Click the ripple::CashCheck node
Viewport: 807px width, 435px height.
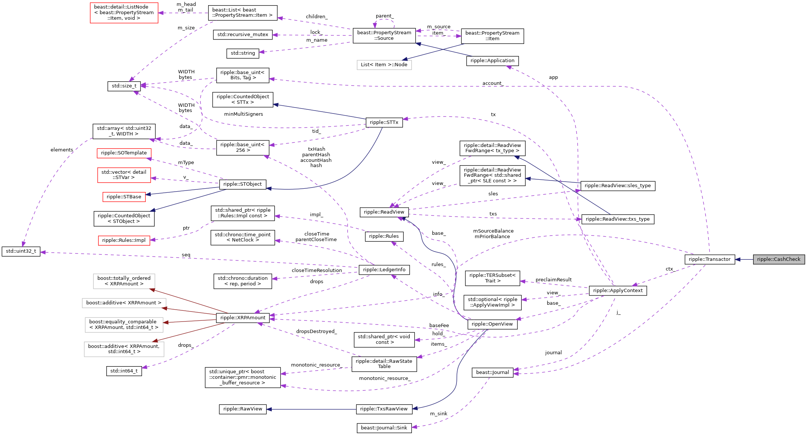778,259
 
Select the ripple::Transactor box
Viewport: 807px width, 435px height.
709,259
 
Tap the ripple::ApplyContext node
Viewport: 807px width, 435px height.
617,291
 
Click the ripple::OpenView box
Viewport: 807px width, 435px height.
492,324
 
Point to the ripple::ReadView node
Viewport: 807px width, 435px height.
384,212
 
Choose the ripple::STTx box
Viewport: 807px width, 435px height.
384,122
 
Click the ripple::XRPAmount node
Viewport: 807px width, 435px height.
243,318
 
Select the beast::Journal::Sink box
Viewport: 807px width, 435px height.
384,428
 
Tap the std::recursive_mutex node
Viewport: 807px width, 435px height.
242,35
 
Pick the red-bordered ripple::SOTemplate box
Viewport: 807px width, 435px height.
124,153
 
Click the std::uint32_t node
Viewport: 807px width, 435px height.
21,251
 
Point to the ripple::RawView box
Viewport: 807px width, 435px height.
242,409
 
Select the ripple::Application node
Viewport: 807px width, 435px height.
492,61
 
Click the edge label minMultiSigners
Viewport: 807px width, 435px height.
243,114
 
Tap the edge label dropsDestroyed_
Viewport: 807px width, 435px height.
316,332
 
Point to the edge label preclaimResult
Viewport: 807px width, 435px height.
553,280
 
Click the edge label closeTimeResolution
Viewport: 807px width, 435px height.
316,271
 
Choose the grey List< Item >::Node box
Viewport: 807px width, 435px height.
384,65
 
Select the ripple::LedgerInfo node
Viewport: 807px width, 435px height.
384,270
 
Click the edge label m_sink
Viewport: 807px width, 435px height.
438,414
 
